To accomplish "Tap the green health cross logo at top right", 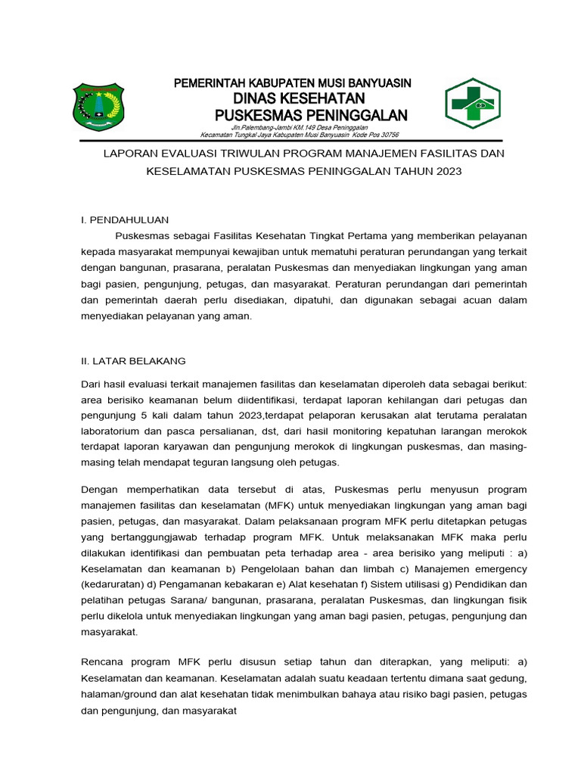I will [x=472, y=104].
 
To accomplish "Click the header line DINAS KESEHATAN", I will [x=298, y=98].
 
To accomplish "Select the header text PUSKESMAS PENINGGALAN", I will [x=311, y=114].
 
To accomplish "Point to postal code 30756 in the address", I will [x=384, y=135].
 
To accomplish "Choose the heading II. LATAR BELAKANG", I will [x=133, y=361].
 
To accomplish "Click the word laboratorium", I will [x=113, y=431].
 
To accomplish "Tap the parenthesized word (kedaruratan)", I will [x=116, y=584].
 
